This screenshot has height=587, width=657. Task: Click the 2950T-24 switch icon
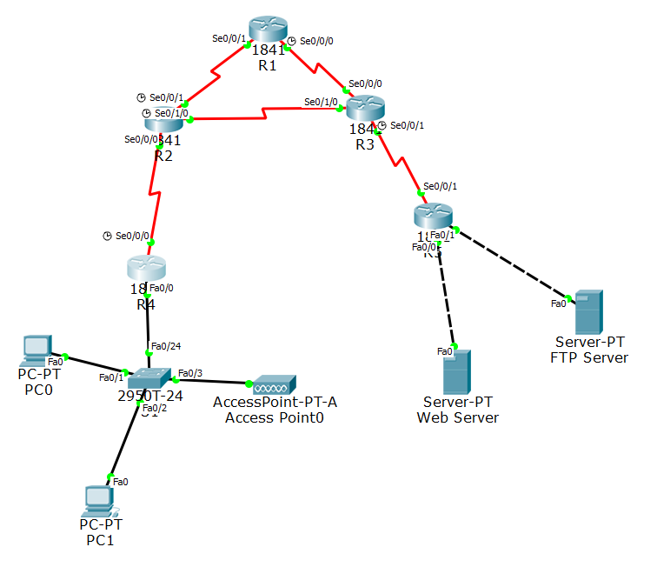coord(150,378)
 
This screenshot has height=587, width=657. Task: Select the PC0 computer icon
coord(36,349)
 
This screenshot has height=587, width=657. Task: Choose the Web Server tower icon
coord(456,371)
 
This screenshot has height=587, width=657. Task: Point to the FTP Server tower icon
coord(588,312)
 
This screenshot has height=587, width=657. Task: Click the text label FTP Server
coord(589,357)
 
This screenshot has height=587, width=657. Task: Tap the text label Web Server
coord(458,417)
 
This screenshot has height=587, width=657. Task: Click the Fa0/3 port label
coord(190,374)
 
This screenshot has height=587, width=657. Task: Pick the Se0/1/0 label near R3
coord(321,102)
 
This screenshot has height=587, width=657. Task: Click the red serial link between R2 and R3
coord(265,112)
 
